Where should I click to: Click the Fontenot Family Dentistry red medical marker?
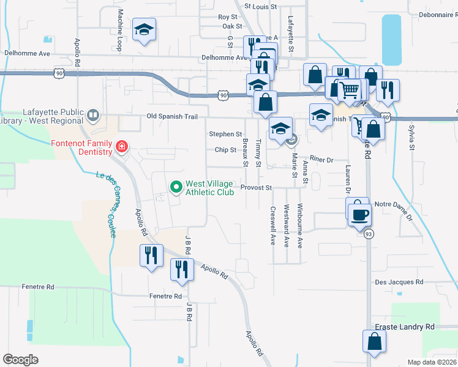[x=121, y=147]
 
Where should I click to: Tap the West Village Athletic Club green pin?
[x=176, y=187]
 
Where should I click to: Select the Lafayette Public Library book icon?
[x=92, y=114]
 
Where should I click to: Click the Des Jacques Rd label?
[x=399, y=283]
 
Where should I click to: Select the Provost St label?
[x=256, y=188]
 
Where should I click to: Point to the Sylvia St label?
[x=411, y=138]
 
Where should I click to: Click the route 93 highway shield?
[x=369, y=234]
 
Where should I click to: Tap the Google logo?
[x=21, y=359]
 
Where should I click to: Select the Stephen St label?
[x=225, y=134]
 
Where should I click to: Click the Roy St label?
[x=227, y=17]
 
